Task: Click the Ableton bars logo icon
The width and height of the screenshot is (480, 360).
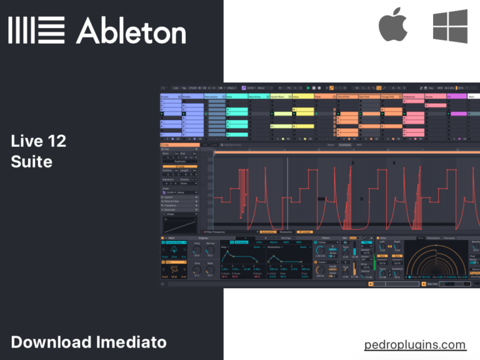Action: tap(36, 30)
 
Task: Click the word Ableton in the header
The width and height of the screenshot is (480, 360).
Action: tap(131, 29)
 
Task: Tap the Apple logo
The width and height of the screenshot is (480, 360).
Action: tap(392, 26)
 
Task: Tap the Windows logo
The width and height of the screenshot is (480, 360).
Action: tap(450, 26)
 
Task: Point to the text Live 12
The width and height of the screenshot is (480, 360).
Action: tap(38, 141)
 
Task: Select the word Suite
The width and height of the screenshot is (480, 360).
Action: tap(31, 162)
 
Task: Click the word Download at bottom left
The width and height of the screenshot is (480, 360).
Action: tap(51, 342)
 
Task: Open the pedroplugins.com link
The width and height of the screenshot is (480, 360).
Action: tap(415, 344)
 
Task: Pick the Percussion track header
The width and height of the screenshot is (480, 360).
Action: tap(215, 97)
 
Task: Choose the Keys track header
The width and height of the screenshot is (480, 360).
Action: tap(302, 97)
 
